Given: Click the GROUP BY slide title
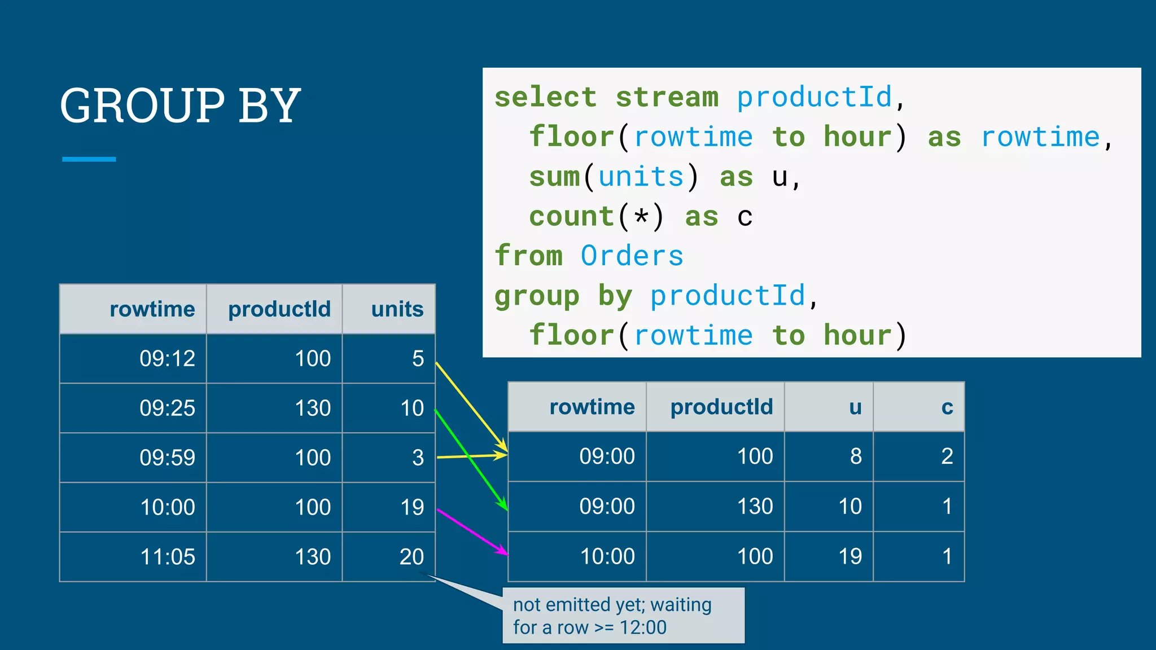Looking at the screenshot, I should coord(180,106).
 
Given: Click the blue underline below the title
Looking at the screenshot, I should coord(89,159).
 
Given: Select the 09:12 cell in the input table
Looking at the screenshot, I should coord(167,359).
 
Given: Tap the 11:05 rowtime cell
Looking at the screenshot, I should coord(167,557).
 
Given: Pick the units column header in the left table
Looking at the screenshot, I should coord(397,309).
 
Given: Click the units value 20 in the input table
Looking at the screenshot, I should coord(411,557).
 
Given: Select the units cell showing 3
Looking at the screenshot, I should coord(418,458).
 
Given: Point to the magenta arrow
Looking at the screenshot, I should coord(472,532).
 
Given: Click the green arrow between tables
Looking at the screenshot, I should coord(471,460).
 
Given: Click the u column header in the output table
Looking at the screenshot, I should coord(855,407).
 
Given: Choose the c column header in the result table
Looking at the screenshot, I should coord(947,407).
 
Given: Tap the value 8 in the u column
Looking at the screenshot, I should coord(856,456).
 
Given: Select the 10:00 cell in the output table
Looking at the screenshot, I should coord(607,557).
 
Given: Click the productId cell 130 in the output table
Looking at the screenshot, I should coord(755,506).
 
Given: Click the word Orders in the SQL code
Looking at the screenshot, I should coord(632,256).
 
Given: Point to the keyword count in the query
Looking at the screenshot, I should coord(571,217).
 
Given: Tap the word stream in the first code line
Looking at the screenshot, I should coord(667,97).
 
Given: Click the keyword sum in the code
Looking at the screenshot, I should coord(554,177).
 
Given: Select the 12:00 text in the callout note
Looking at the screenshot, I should coord(643,627).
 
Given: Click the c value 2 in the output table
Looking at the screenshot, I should coord(947,456).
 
